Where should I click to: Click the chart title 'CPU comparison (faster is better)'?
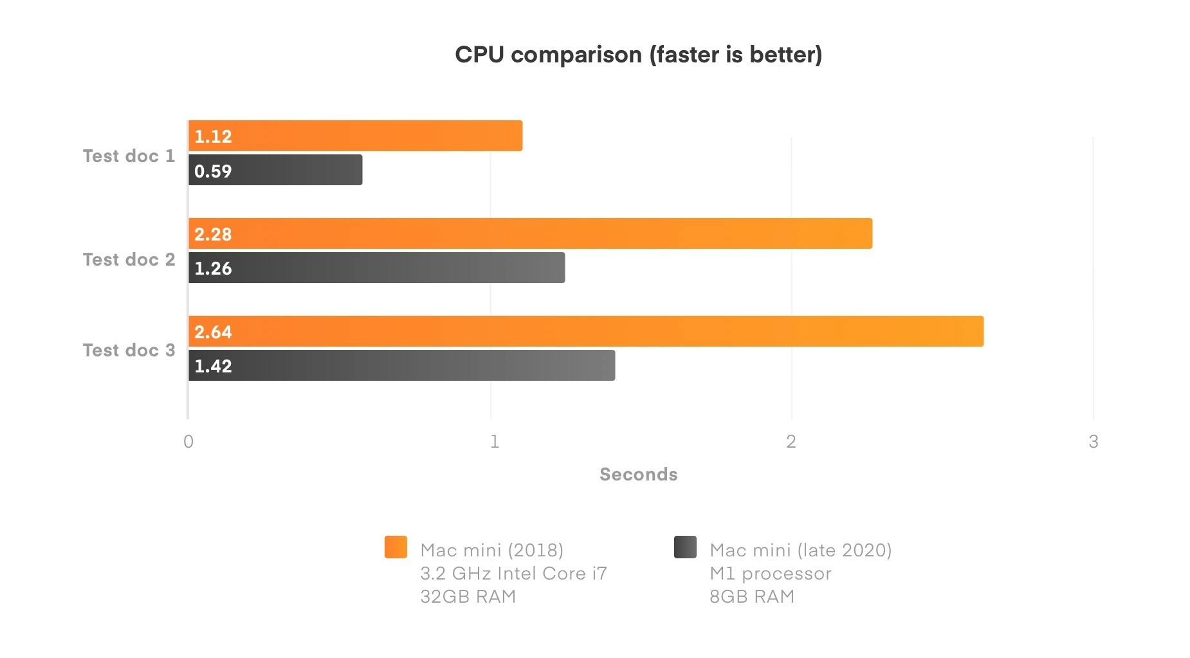[x=638, y=55]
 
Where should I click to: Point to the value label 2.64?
[x=213, y=332]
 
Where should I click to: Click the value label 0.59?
[x=213, y=171]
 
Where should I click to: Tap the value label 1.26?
[x=213, y=268]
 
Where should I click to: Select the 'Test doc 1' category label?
[x=129, y=156]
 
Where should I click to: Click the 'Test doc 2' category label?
[x=129, y=259]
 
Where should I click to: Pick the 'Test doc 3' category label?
[x=129, y=350]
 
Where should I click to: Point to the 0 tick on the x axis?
[x=188, y=441]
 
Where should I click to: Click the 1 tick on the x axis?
[x=494, y=441]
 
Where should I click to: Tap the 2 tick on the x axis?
[x=791, y=441]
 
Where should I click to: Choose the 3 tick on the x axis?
[x=1094, y=441]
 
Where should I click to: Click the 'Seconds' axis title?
[x=638, y=474]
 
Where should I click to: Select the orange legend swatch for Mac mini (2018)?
[x=396, y=547]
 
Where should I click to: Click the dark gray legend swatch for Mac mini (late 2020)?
[x=685, y=547]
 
